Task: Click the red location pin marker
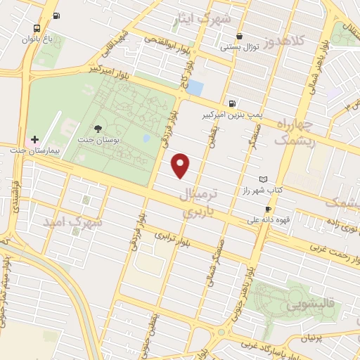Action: [181, 165]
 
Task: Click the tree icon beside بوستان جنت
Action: [98, 128]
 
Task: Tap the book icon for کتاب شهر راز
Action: [264, 179]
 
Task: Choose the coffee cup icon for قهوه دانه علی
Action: [268, 209]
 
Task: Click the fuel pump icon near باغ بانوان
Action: [56, 15]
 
